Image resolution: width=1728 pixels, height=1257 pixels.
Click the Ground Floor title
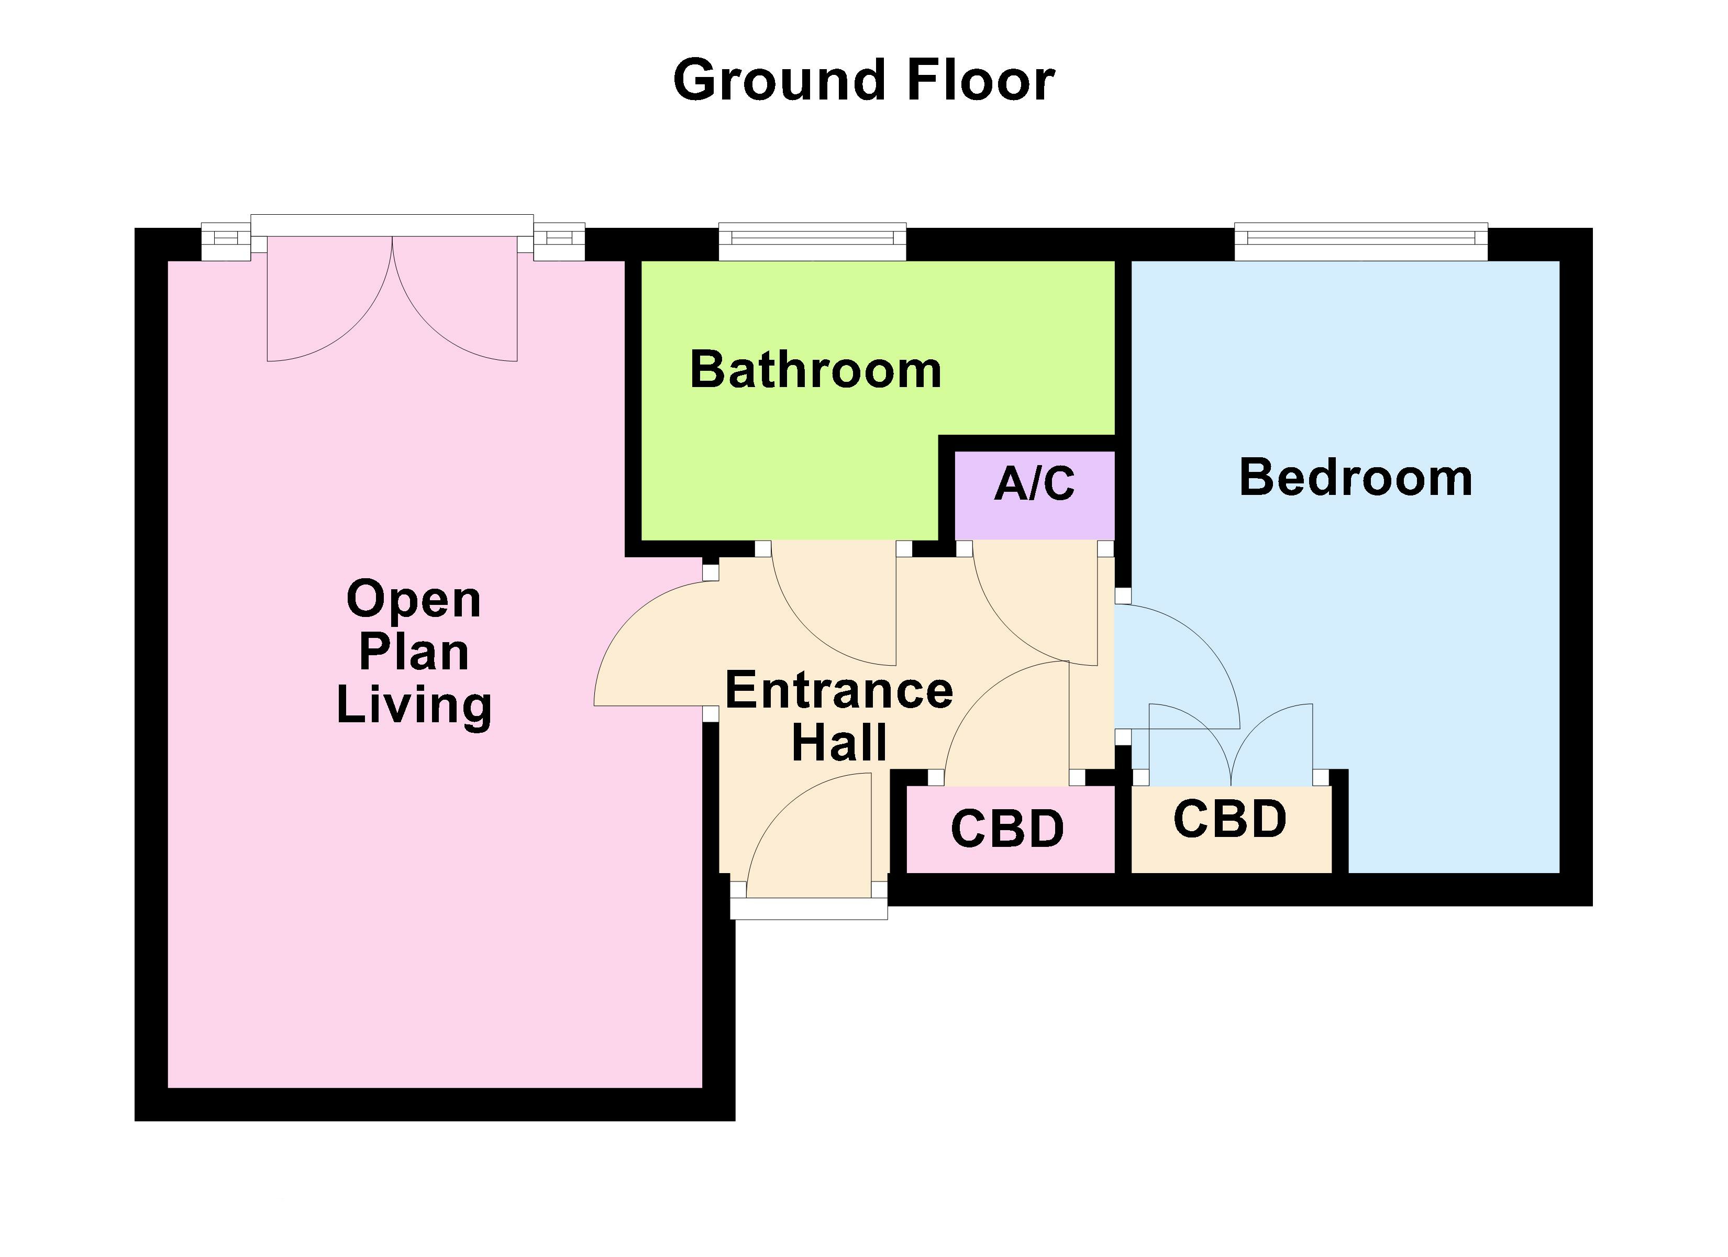[863, 81]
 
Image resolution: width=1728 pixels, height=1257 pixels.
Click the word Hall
[839, 743]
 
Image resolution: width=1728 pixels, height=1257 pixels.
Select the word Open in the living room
[414, 600]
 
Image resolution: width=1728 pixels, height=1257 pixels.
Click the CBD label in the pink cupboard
[1007, 830]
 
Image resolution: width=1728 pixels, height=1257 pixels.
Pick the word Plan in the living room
[414, 653]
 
